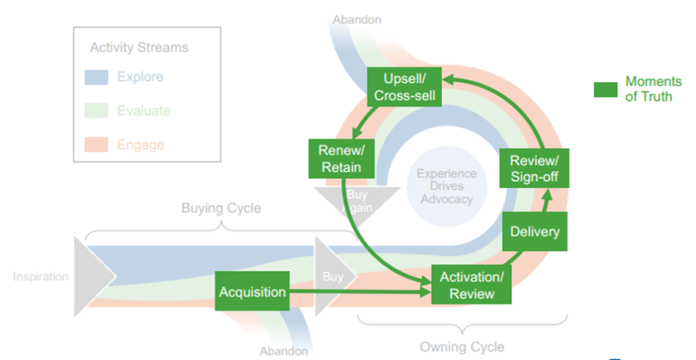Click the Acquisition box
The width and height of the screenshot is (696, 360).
tap(252, 291)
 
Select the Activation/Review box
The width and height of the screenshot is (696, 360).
tap(472, 285)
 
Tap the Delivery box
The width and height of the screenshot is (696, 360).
tap(535, 232)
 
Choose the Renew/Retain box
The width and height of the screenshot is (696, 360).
tap(341, 159)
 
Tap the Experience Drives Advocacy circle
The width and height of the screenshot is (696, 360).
tap(447, 186)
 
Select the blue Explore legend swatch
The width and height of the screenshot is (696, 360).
tap(97, 77)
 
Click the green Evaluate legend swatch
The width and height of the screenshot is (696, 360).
tap(97, 111)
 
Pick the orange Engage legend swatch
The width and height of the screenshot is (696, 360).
tap(97, 145)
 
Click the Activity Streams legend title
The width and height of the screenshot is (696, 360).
tap(139, 48)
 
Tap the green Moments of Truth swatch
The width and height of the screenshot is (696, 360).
tap(605, 90)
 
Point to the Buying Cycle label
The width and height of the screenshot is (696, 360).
tap(221, 208)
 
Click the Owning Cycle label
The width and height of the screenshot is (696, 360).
tap(462, 347)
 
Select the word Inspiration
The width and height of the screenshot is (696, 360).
tap(41, 276)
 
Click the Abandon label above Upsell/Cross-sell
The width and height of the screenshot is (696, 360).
tap(356, 20)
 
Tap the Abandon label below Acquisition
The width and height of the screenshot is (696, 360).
tap(283, 351)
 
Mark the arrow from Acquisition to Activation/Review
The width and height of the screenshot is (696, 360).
tap(360, 292)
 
